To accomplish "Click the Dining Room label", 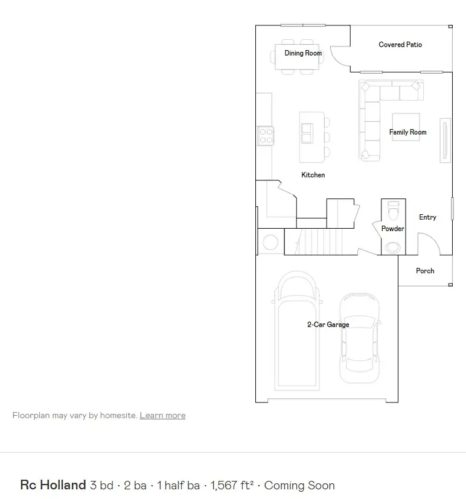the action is coord(303,53).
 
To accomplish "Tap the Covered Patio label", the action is coord(400,45).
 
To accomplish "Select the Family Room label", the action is coord(408,132).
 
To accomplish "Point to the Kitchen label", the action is coord(313,175).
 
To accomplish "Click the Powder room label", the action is coord(392,229).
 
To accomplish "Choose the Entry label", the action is coord(427,217).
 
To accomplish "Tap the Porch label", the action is coord(425,271).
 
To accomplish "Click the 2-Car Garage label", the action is coord(328,325).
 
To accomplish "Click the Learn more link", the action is coord(162,415).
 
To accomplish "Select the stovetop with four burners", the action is coord(266,136).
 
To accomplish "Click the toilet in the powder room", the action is coord(394,211).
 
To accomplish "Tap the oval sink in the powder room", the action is coord(393,247).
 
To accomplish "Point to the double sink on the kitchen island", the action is coord(307,133).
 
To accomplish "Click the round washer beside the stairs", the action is coord(270,242).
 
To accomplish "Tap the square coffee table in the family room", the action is coord(406,127).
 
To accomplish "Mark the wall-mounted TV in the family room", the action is coord(445,141).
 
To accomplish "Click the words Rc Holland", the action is coord(53,485).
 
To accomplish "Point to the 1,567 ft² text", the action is coord(232,485).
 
